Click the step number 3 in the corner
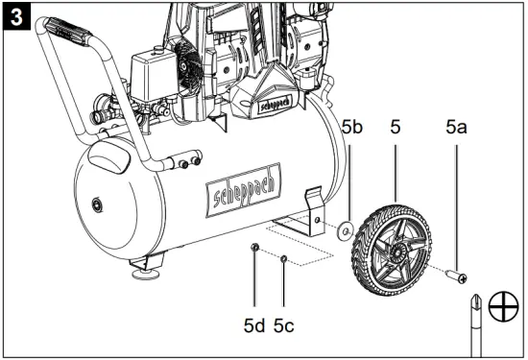pos(16,17)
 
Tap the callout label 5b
pos(352,128)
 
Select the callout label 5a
pos(456,128)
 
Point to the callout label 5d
pos(254,325)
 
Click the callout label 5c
pos(283,325)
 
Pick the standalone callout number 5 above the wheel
pos(396,128)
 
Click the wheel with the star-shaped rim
pos(392,250)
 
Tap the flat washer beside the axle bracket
pos(345,230)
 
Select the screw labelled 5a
pos(456,276)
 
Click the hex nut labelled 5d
pos(254,248)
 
